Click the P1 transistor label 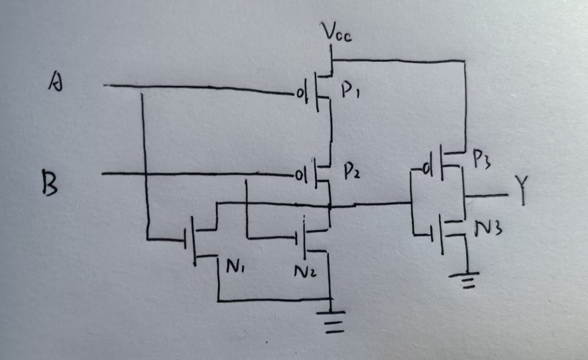351,92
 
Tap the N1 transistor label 237,268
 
